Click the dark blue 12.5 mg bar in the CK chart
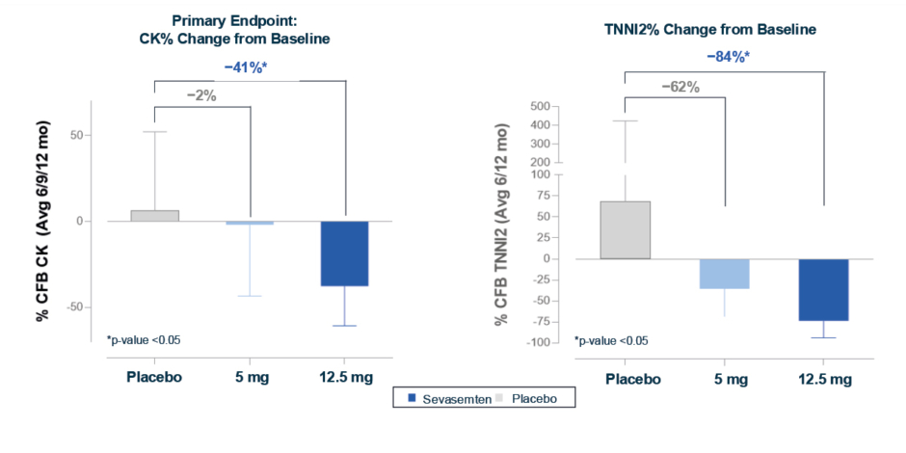point(344,253)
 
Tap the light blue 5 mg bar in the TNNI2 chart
point(723,274)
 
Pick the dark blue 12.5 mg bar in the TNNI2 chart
point(824,289)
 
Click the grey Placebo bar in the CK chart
point(155,216)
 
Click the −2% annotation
point(200,95)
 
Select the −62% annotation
point(680,87)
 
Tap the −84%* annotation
point(728,56)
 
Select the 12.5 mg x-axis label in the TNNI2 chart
point(824,379)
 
